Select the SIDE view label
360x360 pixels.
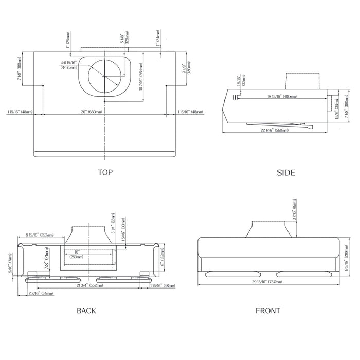click(x=286, y=172)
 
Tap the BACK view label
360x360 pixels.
click(x=86, y=310)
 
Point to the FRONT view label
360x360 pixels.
click(x=268, y=310)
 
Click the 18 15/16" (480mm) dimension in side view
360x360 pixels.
click(x=281, y=97)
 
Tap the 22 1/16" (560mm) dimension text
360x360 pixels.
click(x=274, y=130)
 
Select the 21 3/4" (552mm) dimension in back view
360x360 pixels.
click(x=85, y=285)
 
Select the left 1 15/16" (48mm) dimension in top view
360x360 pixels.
click(x=20, y=112)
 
